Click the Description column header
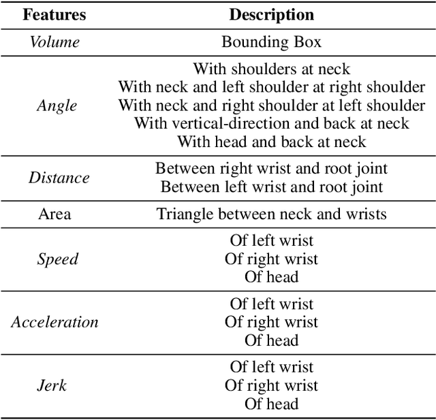(271, 14)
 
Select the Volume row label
(54, 42)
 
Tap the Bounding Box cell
(271, 42)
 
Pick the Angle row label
(57, 106)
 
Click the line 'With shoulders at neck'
(271, 69)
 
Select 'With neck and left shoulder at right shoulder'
(271, 87)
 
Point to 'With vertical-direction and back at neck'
(271, 123)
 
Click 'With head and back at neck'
(271, 142)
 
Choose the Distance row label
(59, 178)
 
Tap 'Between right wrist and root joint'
(271, 169)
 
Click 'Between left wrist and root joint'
(271, 187)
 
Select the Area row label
(54, 214)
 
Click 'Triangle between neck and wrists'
(271, 214)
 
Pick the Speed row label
(57, 259)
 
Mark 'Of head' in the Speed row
(271, 276)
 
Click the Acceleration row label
(54, 322)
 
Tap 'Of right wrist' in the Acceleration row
(271, 322)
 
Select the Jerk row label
(52, 385)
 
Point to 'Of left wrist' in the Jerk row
(271, 368)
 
